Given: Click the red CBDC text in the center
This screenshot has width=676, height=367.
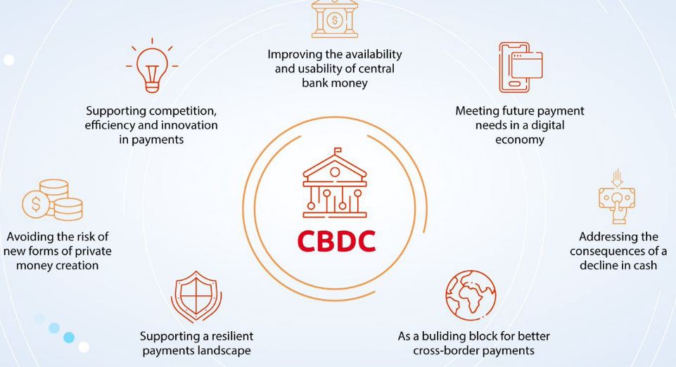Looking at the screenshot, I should coord(336,240).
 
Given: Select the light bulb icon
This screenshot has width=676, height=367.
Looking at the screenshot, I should coord(152,67).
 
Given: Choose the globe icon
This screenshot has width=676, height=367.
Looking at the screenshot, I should coord(471,294).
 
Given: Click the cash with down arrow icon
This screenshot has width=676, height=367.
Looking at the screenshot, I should coord(616,198).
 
